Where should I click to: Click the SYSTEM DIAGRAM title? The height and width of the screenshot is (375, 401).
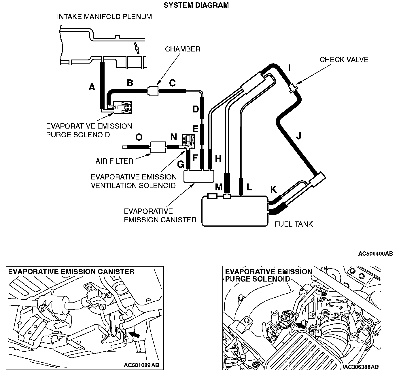(196, 5)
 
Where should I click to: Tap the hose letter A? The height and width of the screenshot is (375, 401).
(92, 87)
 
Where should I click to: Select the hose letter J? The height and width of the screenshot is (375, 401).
(298, 135)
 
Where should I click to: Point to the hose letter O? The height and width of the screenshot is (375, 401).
(139, 137)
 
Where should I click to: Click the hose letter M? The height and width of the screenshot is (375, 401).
(219, 187)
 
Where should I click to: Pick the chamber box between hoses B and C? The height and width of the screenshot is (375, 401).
(153, 91)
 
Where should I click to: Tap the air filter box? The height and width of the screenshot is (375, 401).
(158, 147)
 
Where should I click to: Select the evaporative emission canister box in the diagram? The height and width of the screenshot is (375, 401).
(199, 176)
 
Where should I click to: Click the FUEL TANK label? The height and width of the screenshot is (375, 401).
(293, 224)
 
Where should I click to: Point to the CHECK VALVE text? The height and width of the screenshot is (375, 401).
(344, 60)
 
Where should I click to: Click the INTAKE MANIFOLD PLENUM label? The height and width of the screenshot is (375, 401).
(104, 17)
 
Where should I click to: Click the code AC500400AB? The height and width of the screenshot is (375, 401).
(375, 254)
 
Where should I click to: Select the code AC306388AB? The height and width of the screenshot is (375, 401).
(361, 367)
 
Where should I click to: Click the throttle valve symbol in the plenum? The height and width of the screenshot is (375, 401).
(136, 47)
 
